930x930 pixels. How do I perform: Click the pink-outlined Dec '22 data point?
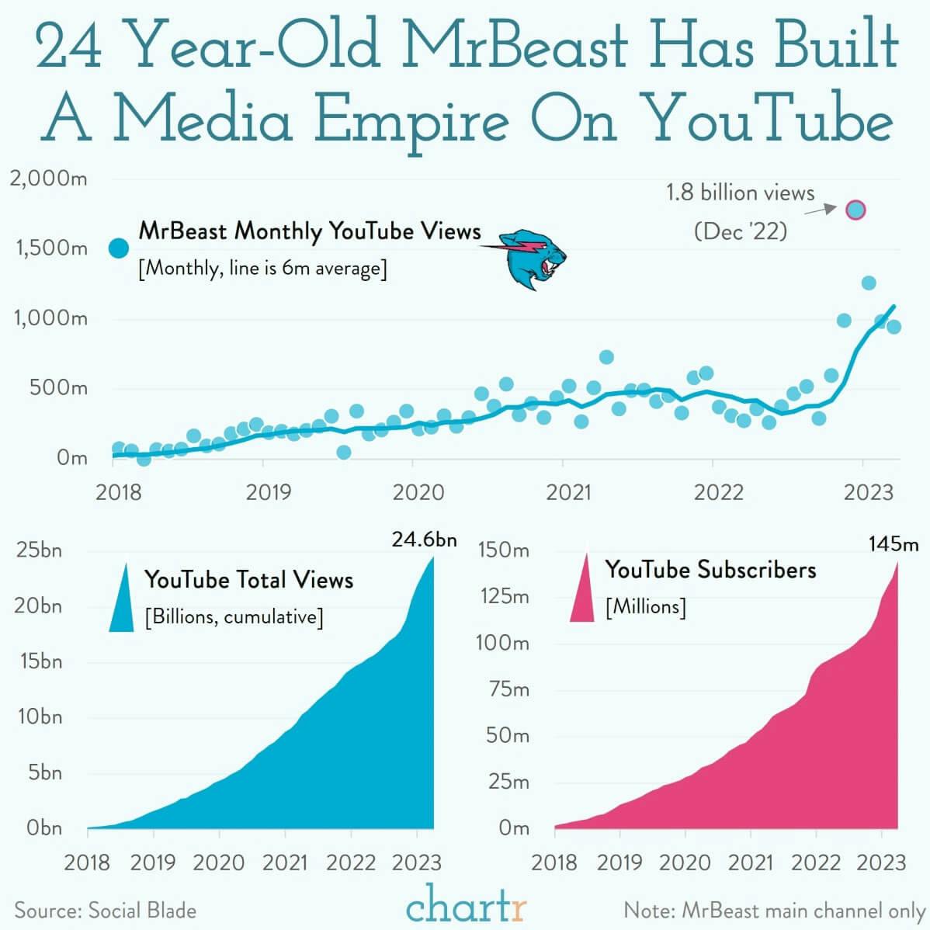855,210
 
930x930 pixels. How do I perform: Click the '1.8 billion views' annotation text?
741,193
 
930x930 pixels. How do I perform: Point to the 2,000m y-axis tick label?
48,179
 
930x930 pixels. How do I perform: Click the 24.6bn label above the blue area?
424,540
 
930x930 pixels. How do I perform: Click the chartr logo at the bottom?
466,905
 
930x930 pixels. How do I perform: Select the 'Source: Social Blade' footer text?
106,911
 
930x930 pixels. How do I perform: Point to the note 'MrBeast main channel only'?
774,911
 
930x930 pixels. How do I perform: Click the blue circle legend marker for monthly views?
118,248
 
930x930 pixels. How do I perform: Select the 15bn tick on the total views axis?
39,661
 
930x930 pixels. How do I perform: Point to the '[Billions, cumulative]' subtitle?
234,617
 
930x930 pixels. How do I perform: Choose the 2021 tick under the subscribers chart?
751,862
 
